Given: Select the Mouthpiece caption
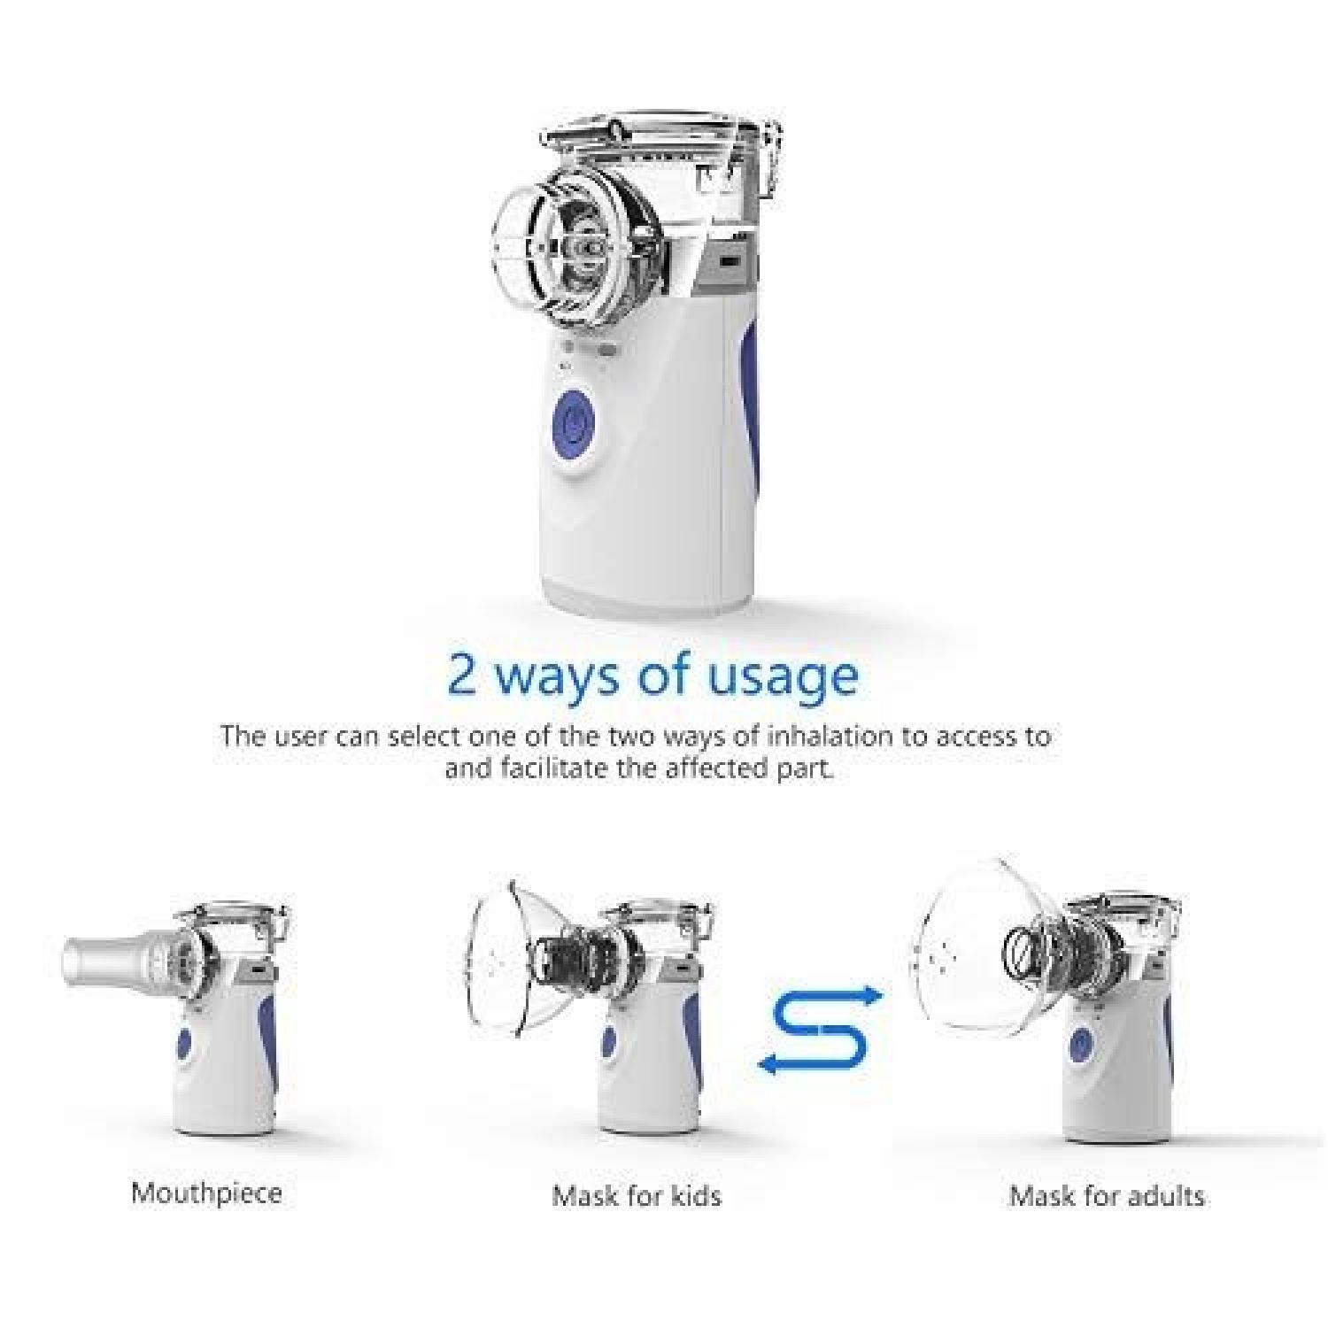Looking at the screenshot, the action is pyautogui.click(x=206, y=1193).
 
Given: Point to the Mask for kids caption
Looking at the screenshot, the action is pyautogui.click(x=637, y=1196).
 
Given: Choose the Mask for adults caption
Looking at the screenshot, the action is pyautogui.click(x=1107, y=1196).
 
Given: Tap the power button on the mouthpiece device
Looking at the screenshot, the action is pyautogui.click(x=185, y=1041).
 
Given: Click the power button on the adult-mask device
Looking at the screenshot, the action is pyautogui.click(x=1081, y=1043).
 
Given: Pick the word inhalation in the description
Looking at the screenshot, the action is pyautogui.click(x=817, y=737).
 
